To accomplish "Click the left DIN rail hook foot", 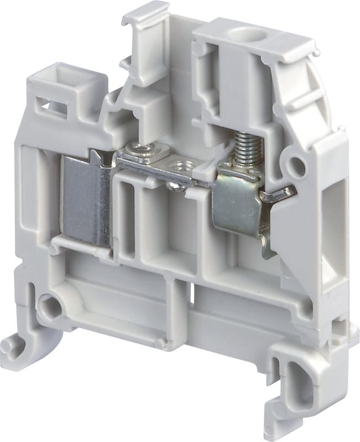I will [x=17, y=345].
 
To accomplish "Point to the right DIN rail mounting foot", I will [x=299, y=387].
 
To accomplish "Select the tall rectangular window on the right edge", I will [x=336, y=221].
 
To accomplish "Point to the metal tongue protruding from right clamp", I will [x=280, y=193].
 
